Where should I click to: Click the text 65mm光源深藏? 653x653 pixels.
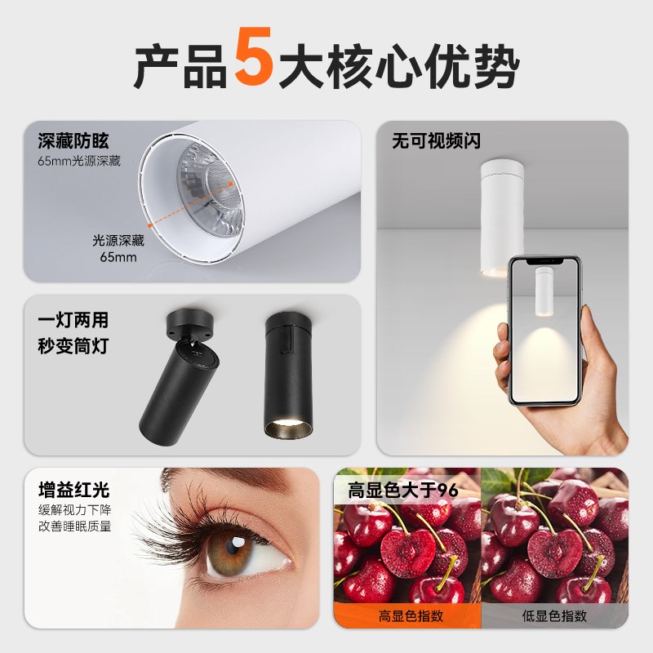79,161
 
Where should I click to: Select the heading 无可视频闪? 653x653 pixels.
437,141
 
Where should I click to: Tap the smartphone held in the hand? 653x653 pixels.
544,330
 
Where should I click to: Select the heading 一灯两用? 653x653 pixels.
73,320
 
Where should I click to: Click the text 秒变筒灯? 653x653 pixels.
73,346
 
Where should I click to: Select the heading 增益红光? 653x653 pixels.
73,491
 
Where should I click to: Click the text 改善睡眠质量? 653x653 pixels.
75,526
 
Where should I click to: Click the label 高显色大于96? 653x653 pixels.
403,491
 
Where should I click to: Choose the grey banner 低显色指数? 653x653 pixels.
555,616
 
